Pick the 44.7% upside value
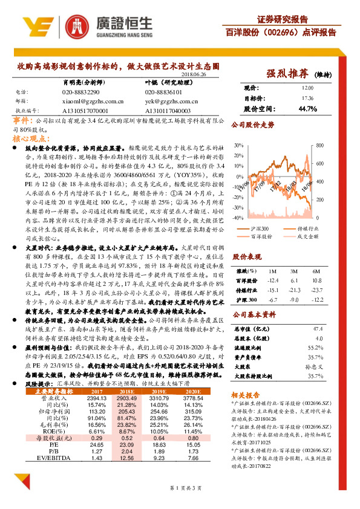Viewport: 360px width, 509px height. coord(307,109)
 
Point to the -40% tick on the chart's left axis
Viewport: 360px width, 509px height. coord(238,218)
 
